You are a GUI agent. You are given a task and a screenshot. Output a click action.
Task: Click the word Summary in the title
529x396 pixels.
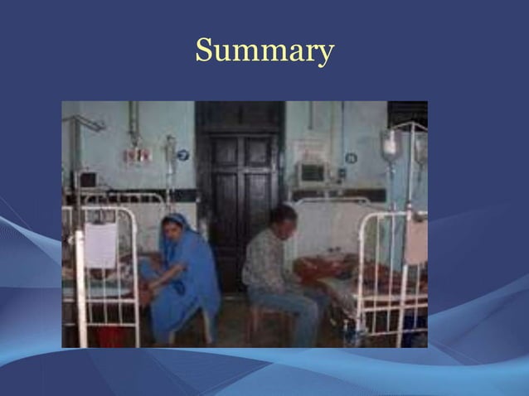click(x=264, y=51)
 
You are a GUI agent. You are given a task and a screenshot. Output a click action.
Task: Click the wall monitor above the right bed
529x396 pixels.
click(x=313, y=172)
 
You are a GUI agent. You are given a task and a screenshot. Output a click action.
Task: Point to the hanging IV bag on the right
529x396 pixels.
click(x=391, y=146)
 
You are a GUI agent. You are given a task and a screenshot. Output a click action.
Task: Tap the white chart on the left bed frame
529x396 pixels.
click(x=101, y=245)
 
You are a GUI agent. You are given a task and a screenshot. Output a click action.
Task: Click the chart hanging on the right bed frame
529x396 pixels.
click(x=415, y=241)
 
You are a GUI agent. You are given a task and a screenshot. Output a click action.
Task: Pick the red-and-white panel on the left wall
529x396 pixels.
click(x=137, y=155)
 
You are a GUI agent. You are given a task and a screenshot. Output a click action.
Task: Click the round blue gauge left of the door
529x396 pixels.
click(x=183, y=155)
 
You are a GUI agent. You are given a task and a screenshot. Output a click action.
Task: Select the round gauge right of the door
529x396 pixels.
click(x=351, y=157)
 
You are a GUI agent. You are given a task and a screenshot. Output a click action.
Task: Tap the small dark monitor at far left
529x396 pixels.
click(x=86, y=179)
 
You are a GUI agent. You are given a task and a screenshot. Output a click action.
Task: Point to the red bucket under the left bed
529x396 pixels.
click(x=110, y=336)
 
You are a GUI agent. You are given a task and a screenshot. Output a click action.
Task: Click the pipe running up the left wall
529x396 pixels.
click(x=133, y=124)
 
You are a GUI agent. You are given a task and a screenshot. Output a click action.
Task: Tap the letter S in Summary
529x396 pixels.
click(x=203, y=51)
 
